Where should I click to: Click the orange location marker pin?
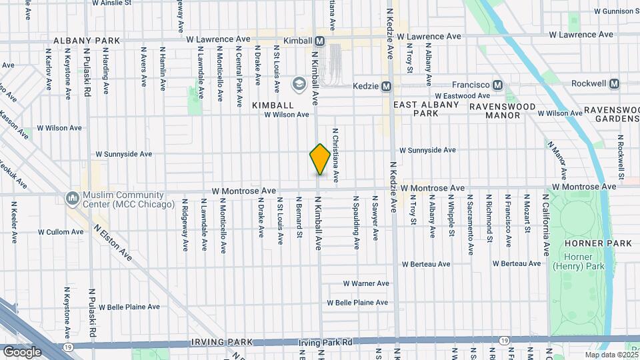(320, 159)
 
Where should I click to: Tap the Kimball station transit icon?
(319, 41)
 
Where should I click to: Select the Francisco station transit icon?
(497, 85)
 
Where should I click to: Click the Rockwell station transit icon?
(614, 84)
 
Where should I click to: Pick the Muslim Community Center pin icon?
(71, 197)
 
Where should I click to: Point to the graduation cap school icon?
(298, 84)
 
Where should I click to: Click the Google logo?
(22, 351)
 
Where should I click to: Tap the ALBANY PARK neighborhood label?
(87, 41)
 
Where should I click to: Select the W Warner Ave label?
(366, 283)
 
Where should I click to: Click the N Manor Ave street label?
(558, 159)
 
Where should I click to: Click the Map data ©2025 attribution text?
(611, 355)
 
